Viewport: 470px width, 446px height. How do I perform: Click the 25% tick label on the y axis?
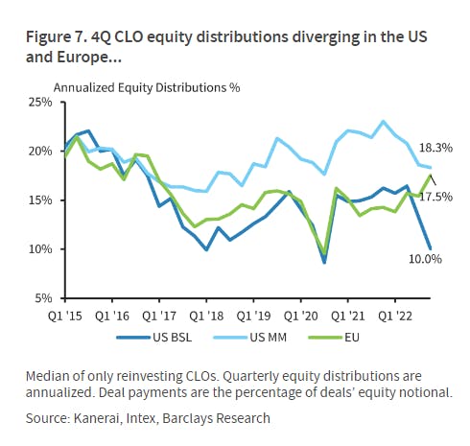tap(40, 103)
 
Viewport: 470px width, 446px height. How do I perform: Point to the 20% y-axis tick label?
tap(40, 151)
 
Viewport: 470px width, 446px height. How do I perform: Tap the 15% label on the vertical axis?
tap(40, 200)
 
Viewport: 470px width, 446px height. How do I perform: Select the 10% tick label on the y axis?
tap(40, 249)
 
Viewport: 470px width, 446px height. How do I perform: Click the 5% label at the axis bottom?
tap(43, 298)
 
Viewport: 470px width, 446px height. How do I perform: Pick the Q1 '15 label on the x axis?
tap(65, 316)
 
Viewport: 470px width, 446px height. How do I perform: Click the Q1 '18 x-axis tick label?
tap(206, 316)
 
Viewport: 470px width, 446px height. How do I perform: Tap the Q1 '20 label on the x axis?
tap(301, 316)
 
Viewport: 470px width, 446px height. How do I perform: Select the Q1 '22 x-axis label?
tap(395, 316)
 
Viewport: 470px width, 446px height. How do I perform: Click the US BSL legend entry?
tap(154, 338)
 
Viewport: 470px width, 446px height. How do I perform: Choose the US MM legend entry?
tap(249, 338)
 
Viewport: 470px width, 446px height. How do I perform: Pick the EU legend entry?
tap(334, 338)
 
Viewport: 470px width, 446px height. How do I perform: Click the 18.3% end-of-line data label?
tap(435, 148)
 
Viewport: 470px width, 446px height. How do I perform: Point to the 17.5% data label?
tap(435, 197)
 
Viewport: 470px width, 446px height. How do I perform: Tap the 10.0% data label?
tap(425, 259)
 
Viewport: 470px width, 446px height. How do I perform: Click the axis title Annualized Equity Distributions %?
tap(147, 87)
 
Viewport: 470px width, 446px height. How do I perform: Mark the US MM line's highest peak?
tap(383, 122)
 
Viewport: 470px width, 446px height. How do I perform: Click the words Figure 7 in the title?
tap(57, 37)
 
